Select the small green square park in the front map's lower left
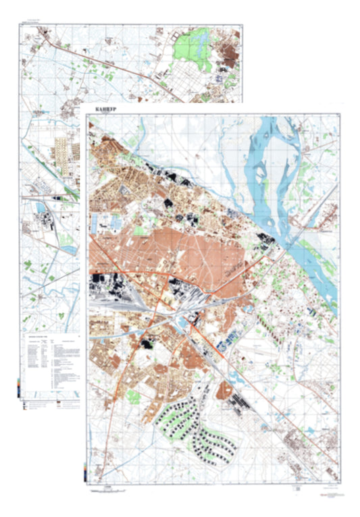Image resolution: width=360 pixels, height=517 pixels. (x=133, y=397)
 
